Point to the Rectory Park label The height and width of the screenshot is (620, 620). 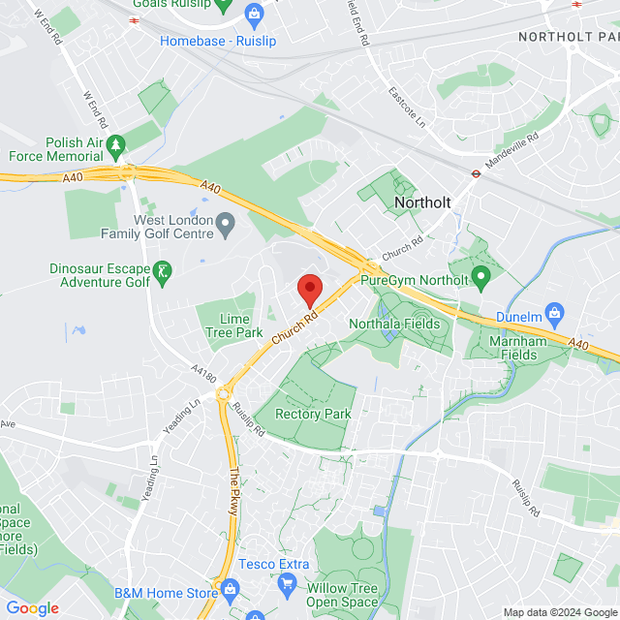(312, 414)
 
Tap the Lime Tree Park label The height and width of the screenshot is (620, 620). (228, 325)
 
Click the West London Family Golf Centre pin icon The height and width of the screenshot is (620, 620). (226, 226)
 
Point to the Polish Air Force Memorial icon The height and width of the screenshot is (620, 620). (115, 143)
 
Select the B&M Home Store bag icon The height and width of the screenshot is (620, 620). (230, 588)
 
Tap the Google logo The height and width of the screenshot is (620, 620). (32, 608)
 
